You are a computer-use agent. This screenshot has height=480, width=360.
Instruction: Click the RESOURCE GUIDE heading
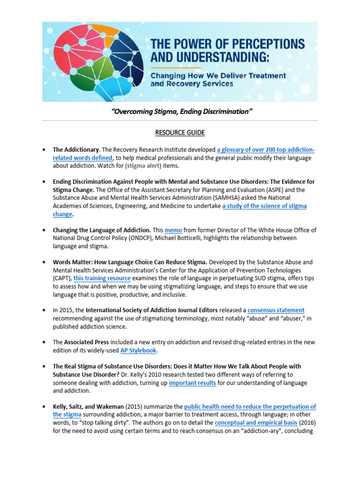180,133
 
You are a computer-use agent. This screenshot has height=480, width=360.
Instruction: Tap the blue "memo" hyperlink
173,230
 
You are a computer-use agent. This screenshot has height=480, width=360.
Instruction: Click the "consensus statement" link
276,310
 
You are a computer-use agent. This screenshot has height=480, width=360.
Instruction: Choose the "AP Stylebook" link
138,351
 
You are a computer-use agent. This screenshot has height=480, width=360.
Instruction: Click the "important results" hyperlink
193,383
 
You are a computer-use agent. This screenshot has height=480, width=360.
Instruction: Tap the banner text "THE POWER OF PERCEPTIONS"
227,45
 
